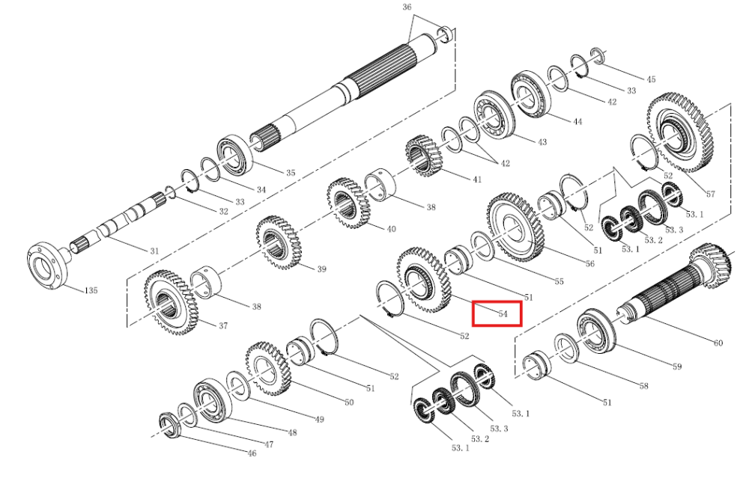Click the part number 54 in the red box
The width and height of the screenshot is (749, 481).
coord(502,313)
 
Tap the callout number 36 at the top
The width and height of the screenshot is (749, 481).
coord(407,7)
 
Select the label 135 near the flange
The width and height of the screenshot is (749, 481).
coord(91,289)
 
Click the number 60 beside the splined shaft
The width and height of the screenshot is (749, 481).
coord(718,343)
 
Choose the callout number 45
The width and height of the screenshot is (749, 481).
coord(651,79)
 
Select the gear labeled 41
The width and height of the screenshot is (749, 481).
coord(425,156)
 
